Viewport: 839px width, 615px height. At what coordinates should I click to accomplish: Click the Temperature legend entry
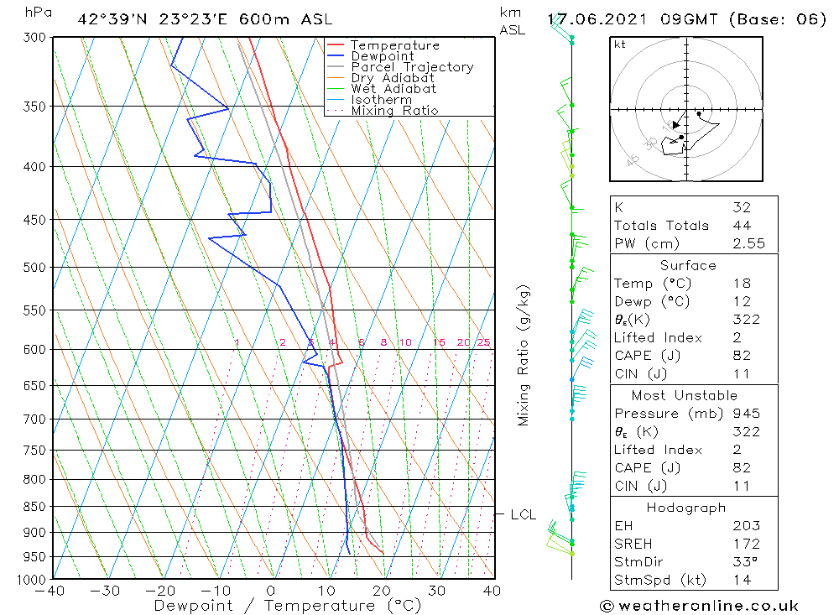[394, 45]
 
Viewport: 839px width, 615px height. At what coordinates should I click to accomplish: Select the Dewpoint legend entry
[382, 56]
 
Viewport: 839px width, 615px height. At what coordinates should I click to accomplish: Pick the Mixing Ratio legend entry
[394, 111]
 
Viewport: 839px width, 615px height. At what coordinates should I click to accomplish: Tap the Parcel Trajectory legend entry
[412, 67]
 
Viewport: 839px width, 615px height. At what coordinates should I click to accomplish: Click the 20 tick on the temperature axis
[382, 591]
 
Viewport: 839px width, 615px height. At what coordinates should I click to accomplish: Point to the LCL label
[523, 514]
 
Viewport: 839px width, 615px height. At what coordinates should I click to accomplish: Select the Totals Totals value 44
[741, 226]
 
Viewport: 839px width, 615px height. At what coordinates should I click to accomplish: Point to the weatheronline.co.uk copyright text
[699, 606]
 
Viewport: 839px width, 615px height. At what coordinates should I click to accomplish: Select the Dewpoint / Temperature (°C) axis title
[287, 606]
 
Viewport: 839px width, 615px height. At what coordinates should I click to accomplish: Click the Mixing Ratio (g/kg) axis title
[524, 355]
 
